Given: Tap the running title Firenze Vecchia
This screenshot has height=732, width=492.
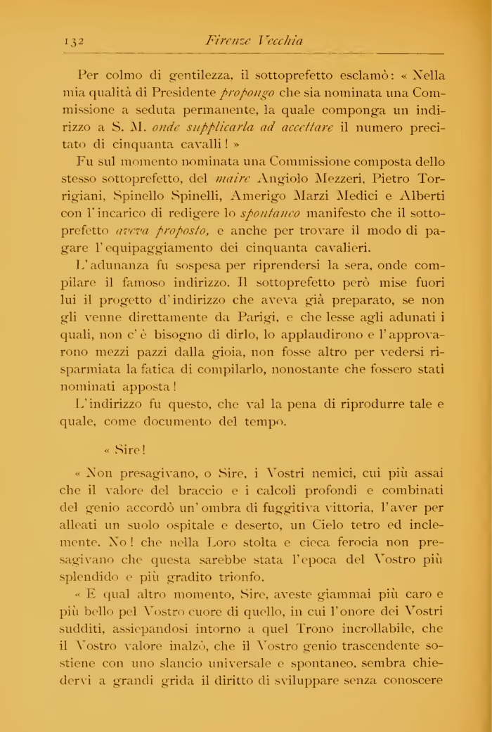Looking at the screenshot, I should [254, 41].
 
